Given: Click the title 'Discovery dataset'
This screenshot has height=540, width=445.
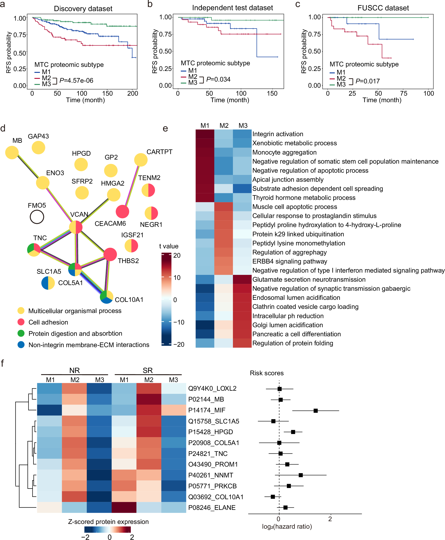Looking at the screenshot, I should tap(83, 9).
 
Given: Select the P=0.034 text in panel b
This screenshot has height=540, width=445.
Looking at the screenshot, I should tap(218, 80).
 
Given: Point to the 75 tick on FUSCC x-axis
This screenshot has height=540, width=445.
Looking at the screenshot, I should tap(404, 94).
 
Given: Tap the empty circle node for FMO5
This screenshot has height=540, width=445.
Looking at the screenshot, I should tap(37, 217).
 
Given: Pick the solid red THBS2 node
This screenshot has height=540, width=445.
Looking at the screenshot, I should tap(110, 254).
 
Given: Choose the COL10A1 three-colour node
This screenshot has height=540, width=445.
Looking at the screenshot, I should tap(107, 297).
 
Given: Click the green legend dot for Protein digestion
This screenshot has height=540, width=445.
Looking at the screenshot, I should tap(21, 333).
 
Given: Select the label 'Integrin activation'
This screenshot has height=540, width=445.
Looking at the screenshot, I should tap(278, 134).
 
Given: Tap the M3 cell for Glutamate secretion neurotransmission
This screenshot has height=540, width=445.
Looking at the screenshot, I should tap(242, 279).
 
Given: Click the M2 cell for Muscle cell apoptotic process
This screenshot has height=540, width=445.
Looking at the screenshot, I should tap(224, 207).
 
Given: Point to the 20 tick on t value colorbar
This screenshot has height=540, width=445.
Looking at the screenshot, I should tap(177, 255).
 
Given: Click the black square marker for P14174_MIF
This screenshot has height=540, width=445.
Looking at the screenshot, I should tap(316, 411).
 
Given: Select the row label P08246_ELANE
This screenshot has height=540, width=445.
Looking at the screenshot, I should tap(212, 508).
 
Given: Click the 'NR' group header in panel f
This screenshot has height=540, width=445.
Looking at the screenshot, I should tap(74, 370).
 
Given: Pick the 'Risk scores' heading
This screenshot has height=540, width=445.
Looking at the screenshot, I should tap(267, 373).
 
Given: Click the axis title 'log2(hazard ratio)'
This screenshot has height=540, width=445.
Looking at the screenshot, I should tap(287, 526).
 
